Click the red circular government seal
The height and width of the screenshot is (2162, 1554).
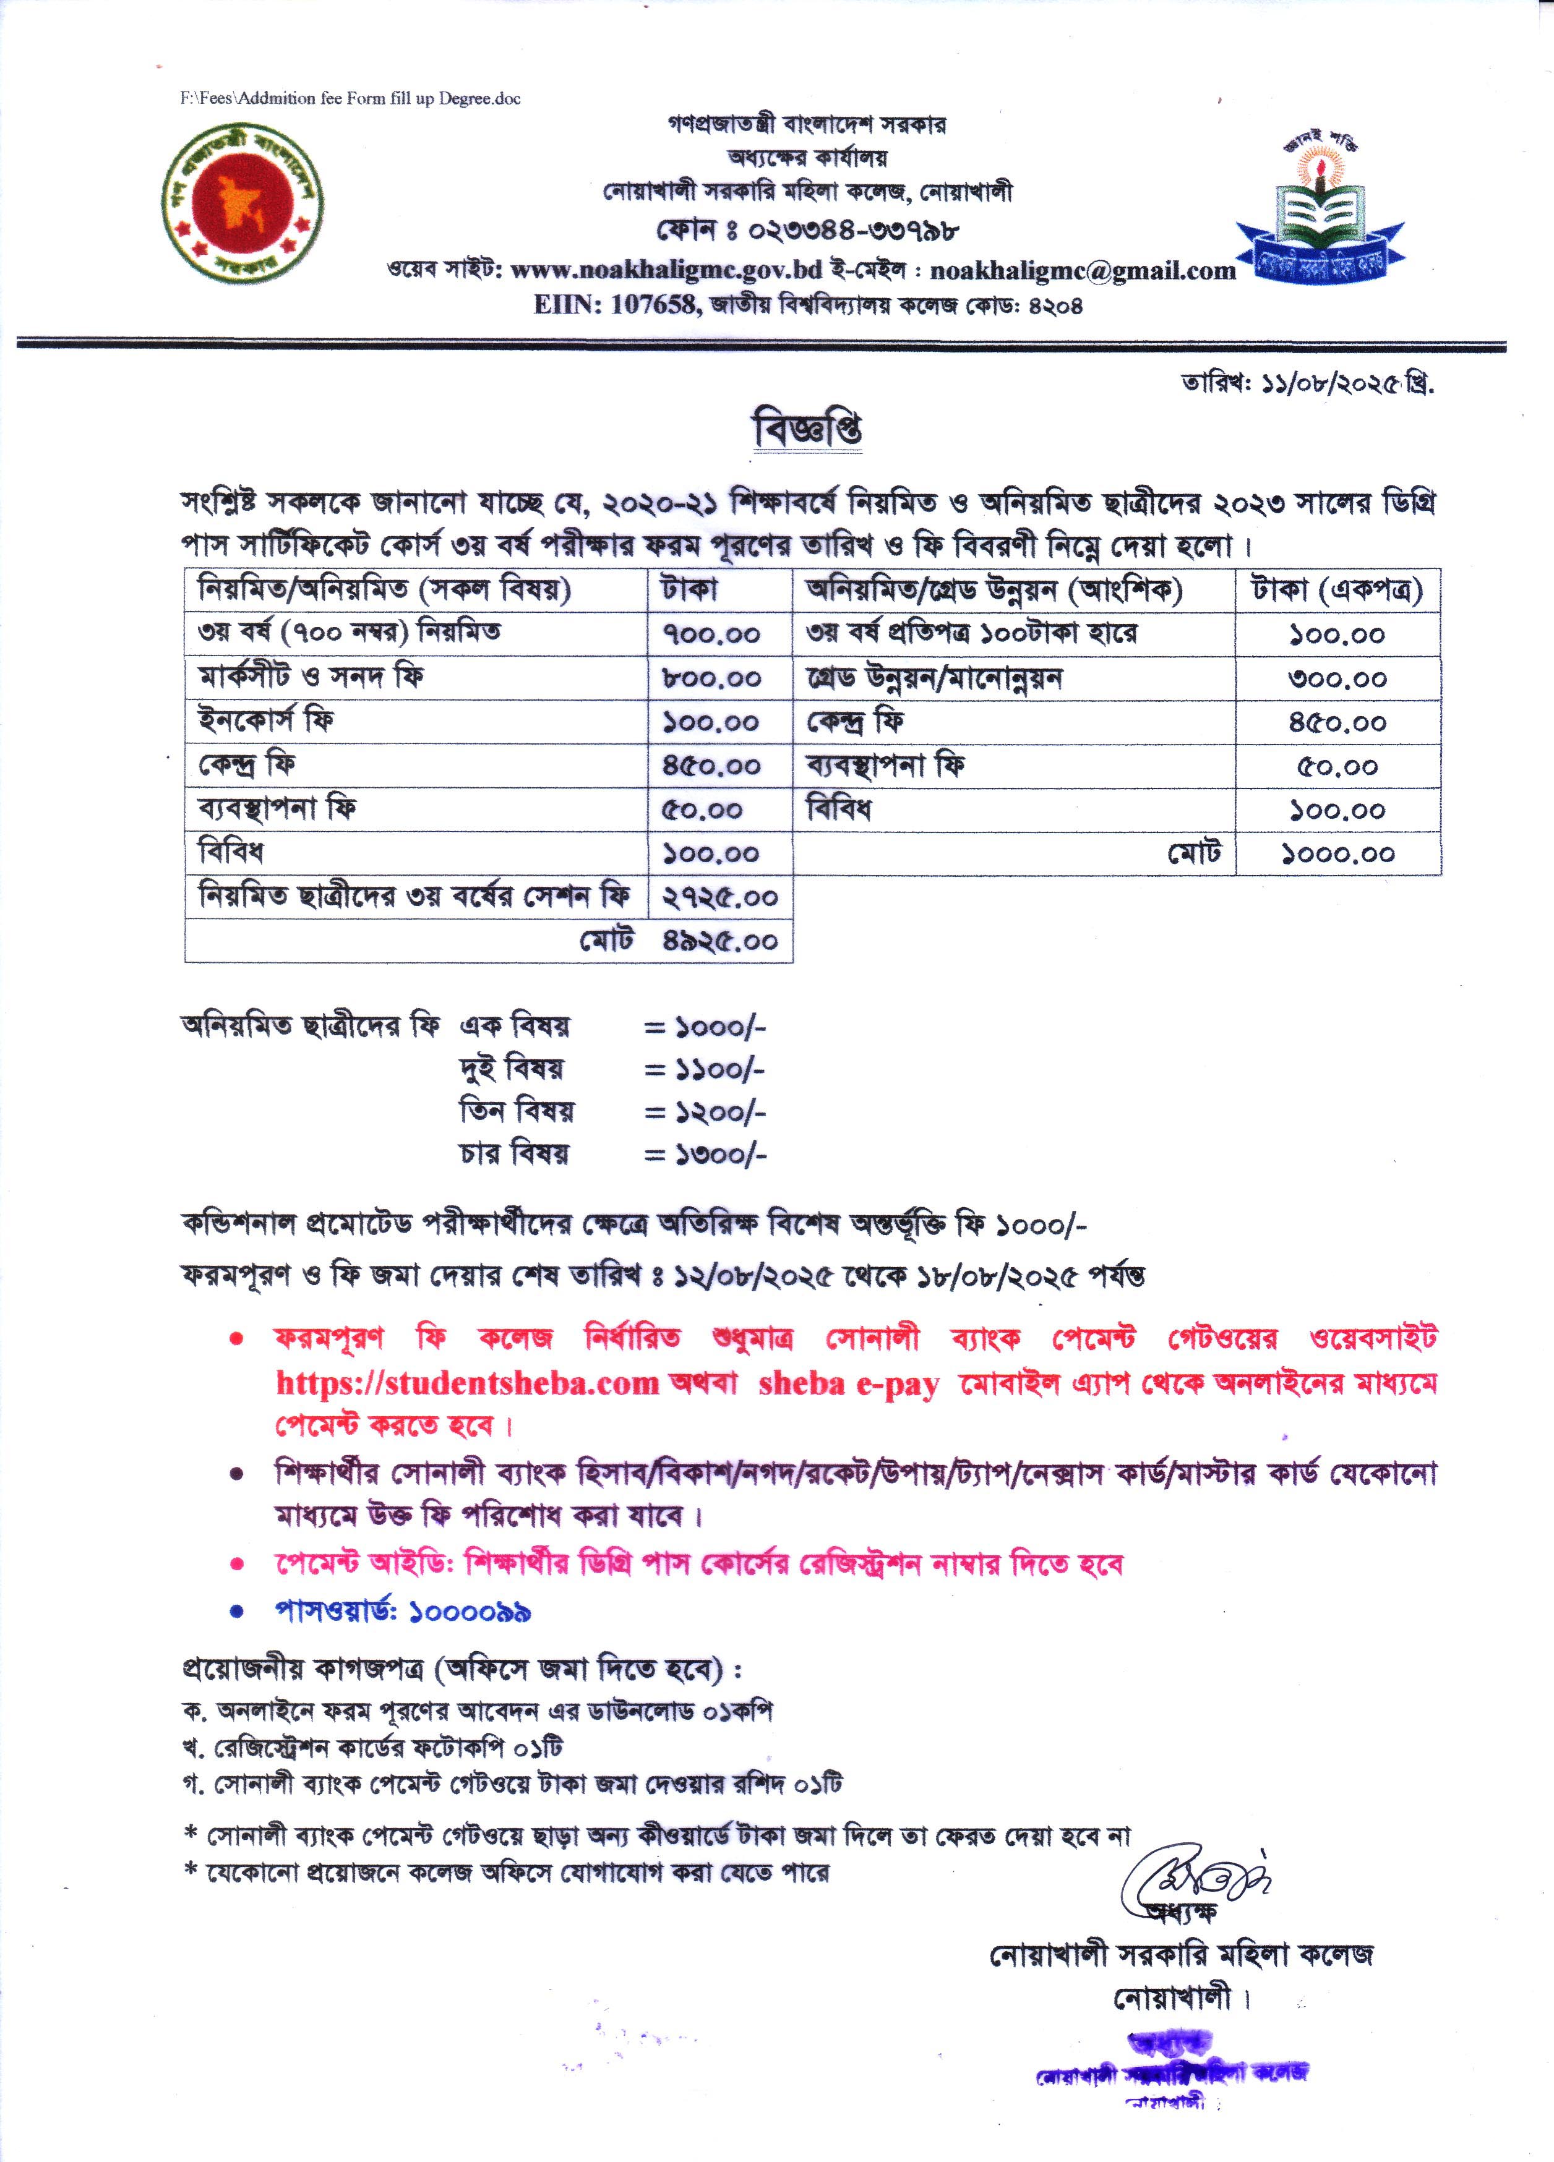pyautogui.click(x=243, y=202)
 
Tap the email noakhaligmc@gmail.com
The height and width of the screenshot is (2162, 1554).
pyautogui.click(x=1082, y=271)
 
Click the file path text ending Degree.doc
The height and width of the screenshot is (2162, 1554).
pyautogui.click(x=351, y=98)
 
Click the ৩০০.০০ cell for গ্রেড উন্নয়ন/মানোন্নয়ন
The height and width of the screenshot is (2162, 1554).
pyautogui.click(x=1337, y=679)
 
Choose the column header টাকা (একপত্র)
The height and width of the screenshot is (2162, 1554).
pyautogui.click(x=1337, y=591)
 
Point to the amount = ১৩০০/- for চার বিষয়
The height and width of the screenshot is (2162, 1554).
pyautogui.click(x=705, y=1155)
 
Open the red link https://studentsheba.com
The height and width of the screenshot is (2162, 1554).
pyautogui.click(x=467, y=1383)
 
